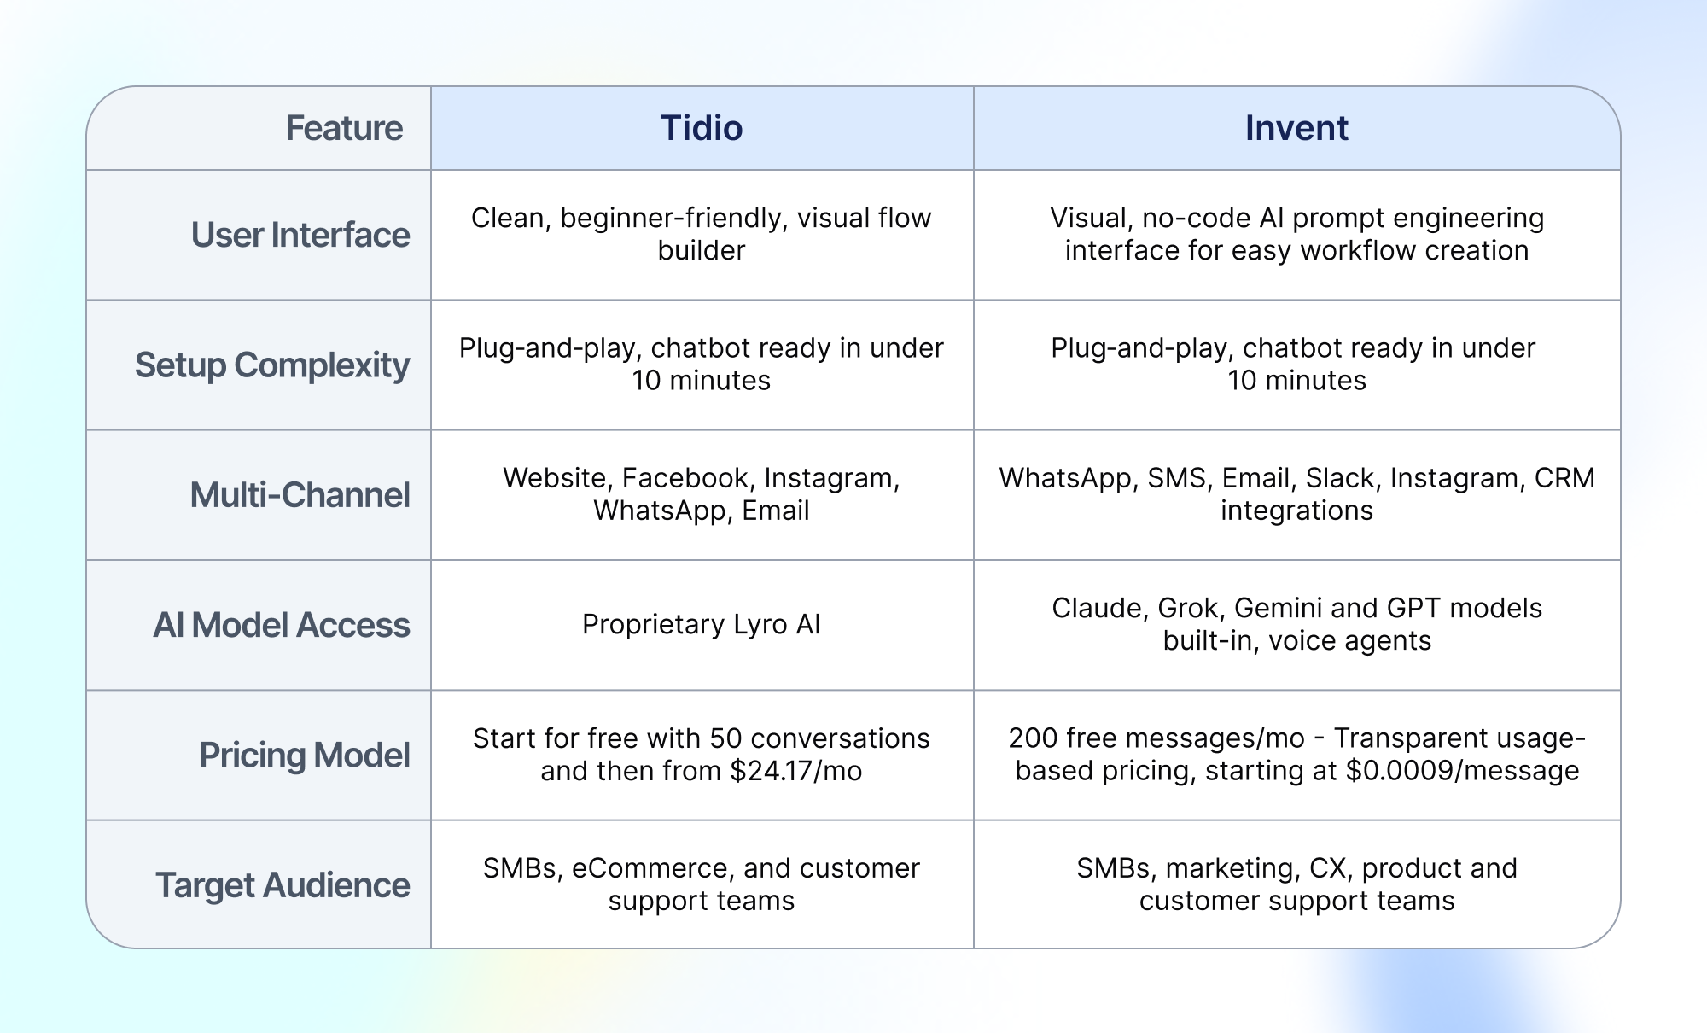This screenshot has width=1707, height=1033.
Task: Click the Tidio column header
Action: tap(702, 128)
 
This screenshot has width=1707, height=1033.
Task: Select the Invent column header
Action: tap(1296, 128)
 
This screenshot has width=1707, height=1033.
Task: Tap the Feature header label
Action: tap(344, 128)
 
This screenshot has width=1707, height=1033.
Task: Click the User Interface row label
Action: tap(300, 235)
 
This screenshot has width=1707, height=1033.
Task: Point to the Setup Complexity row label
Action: tap(272, 365)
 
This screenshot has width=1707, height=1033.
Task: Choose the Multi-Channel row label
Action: tap(300, 495)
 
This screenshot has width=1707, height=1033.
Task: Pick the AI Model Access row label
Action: tap(282, 625)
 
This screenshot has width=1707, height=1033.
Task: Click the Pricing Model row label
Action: tap(305, 756)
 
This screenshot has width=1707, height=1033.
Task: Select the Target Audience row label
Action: tap(283, 885)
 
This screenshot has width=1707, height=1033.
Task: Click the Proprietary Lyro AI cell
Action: tap(702, 624)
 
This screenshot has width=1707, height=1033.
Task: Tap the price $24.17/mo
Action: tap(796, 771)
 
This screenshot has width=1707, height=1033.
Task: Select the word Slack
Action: tap(1343, 478)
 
